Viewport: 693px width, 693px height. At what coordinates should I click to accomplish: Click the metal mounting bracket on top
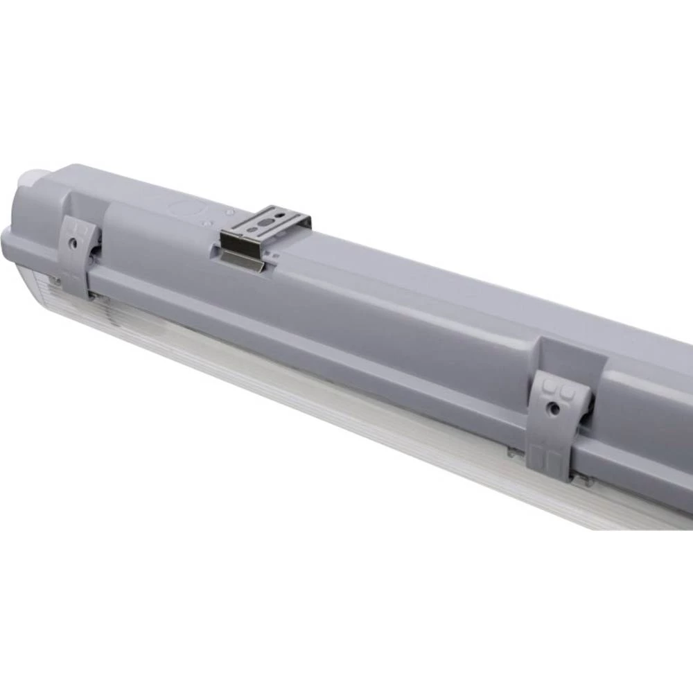pyautogui.click(x=267, y=229)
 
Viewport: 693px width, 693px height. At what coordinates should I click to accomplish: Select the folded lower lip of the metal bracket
pyautogui.click(x=243, y=261)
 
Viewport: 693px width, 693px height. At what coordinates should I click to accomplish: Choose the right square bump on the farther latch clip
pyautogui.click(x=567, y=392)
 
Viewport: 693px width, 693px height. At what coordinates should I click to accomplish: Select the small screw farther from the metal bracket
pyautogui.click(x=208, y=222)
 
